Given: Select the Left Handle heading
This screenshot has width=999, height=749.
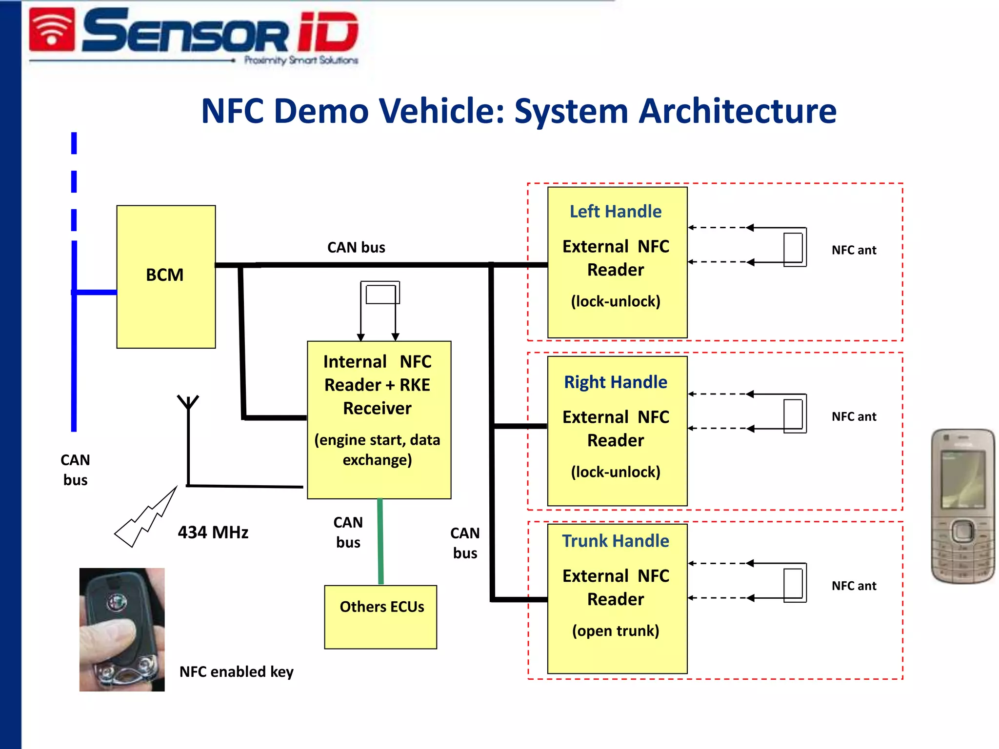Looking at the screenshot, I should point(616,212).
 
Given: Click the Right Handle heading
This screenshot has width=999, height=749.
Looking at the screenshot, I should point(616,382).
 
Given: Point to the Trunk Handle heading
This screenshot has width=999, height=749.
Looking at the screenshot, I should point(616,541).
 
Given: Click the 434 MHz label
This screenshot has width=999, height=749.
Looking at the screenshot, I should point(213,532).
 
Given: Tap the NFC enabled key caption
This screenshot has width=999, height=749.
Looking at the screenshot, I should point(237,671).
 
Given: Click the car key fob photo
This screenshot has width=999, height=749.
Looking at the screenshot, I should point(122,629).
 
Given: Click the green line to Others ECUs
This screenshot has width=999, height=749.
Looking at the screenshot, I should point(380,541).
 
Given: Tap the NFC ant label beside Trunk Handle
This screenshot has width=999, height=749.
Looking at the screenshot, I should point(854,586).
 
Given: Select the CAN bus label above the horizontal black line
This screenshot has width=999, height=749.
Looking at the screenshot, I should point(356,247).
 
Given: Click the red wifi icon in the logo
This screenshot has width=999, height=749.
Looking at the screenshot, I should point(52,30).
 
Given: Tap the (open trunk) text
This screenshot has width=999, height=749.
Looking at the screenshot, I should point(616,631).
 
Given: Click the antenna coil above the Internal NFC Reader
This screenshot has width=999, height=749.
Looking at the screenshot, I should point(381,294).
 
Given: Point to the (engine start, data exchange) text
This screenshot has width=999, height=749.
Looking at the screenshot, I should point(378,450).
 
